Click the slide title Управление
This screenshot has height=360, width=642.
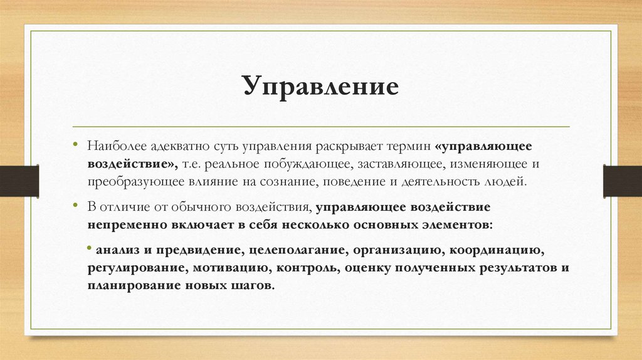click(320, 87)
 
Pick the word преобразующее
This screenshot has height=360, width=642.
click(131, 182)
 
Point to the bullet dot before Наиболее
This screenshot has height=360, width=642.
click(75, 144)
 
